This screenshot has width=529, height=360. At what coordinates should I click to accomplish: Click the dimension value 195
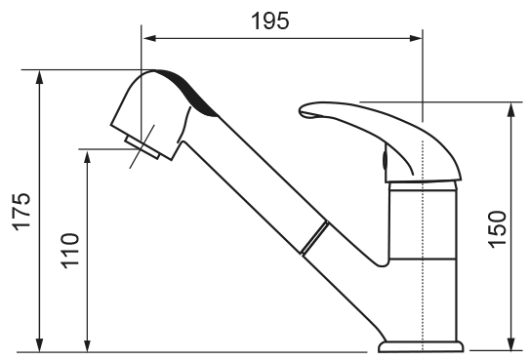pyautogui.click(x=270, y=20)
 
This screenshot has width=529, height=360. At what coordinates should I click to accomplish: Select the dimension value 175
pyautogui.click(x=21, y=212)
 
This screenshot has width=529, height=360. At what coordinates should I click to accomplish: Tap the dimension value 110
pyautogui.click(x=70, y=251)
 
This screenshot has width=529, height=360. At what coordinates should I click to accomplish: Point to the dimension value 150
pyautogui.click(x=498, y=229)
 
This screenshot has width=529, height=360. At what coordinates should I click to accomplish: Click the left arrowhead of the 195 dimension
pyautogui.click(x=149, y=38)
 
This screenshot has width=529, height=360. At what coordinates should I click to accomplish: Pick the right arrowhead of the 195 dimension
pyautogui.click(x=416, y=38)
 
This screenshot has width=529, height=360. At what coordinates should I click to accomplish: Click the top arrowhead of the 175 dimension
pyautogui.click(x=40, y=77)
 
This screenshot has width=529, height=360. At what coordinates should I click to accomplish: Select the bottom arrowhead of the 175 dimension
pyautogui.click(x=40, y=344)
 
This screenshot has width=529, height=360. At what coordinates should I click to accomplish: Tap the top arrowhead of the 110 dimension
pyautogui.click(x=88, y=158)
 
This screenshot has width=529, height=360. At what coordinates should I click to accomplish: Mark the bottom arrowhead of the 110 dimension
pyautogui.click(x=88, y=344)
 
